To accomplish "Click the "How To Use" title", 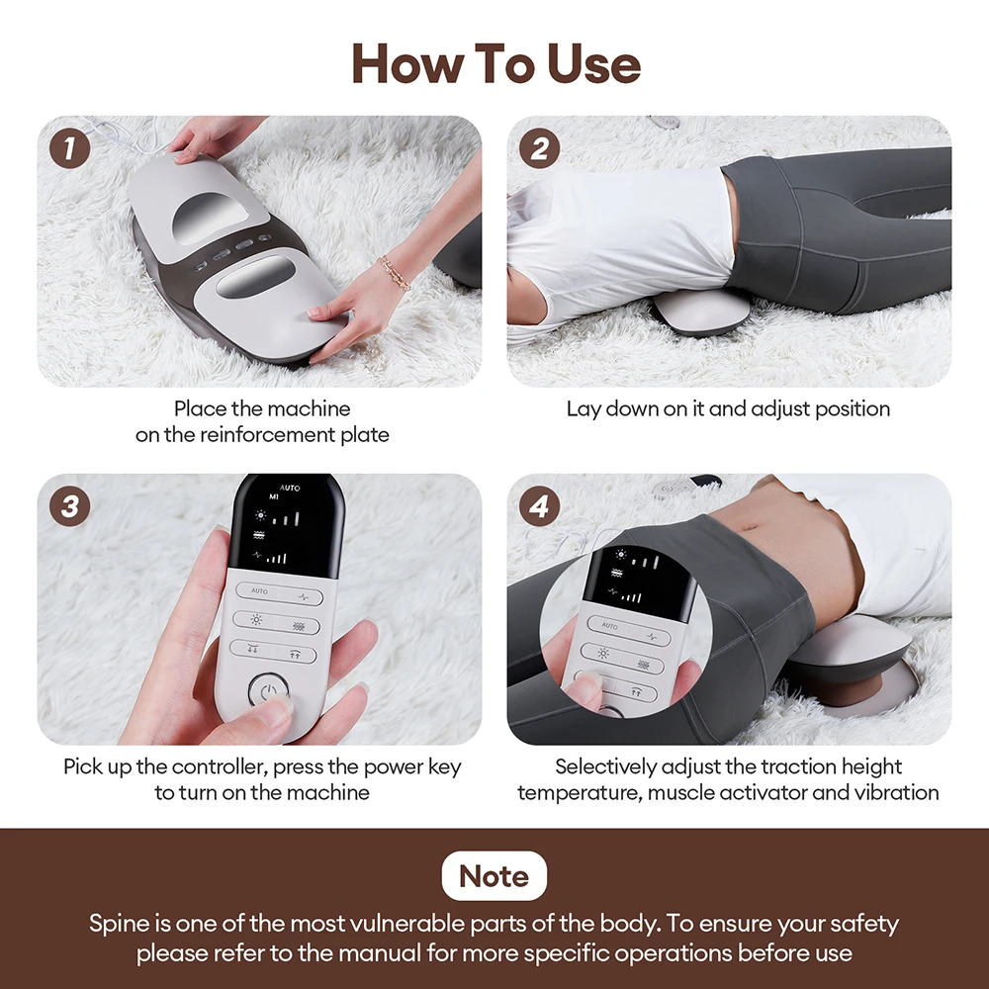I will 495,64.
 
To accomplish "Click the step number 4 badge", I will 539,506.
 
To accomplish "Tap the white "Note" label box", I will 494,875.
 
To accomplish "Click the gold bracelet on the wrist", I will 394,272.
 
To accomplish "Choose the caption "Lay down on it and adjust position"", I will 728,408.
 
